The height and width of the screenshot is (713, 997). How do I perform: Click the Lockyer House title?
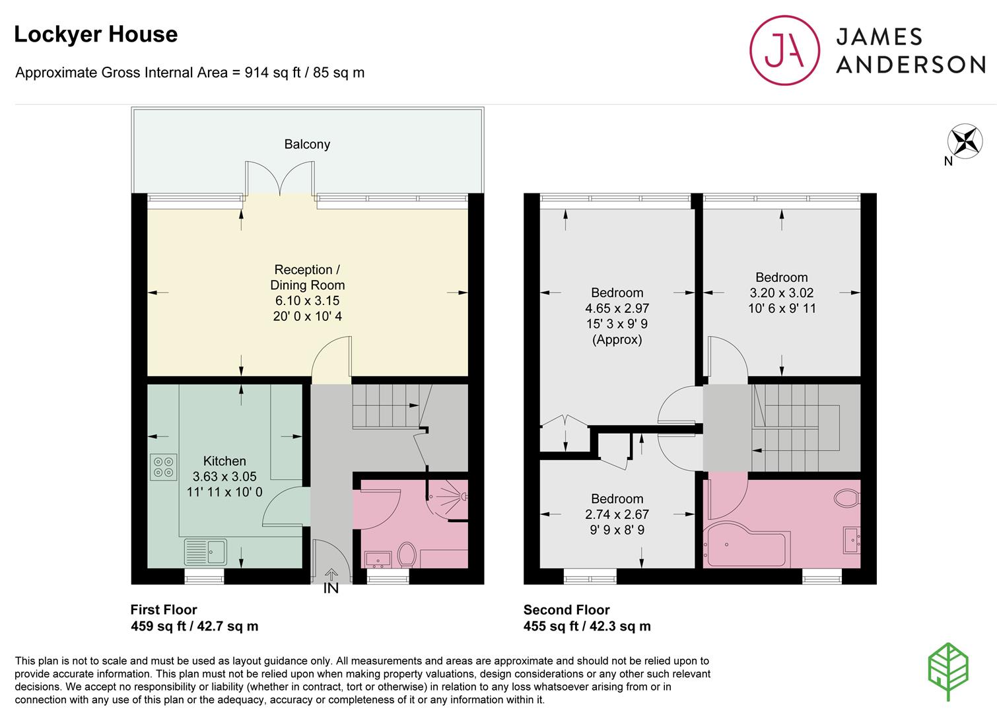pos(96,34)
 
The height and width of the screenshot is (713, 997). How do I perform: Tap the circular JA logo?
pos(784,50)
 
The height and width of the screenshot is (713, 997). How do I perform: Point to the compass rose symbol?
pos(965,141)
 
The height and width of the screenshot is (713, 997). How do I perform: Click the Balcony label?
pos(307,144)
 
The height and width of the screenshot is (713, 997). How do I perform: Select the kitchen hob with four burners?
pos(163,467)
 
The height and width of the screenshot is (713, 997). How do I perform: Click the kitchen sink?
pos(205,552)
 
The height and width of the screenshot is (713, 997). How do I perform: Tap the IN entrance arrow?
pos(331,574)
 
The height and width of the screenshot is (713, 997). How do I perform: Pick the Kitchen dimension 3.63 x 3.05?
pos(224,476)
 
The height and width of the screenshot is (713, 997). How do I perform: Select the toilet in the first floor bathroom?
pos(406,555)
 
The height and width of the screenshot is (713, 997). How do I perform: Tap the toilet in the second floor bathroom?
pos(847,498)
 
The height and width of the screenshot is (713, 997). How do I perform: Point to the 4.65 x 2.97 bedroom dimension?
pos(617,308)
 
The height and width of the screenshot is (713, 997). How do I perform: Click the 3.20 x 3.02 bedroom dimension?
pos(782,293)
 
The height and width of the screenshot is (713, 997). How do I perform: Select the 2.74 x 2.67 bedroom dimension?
pos(617,514)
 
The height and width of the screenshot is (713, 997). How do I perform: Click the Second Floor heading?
pos(566,609)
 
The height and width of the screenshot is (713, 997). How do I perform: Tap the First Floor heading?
pos(163,609)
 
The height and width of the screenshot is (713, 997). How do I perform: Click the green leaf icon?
pos(948,672)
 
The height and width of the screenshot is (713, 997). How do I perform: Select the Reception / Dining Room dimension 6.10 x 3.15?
pos(307,300)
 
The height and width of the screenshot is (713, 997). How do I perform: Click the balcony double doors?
pos(279,178)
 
